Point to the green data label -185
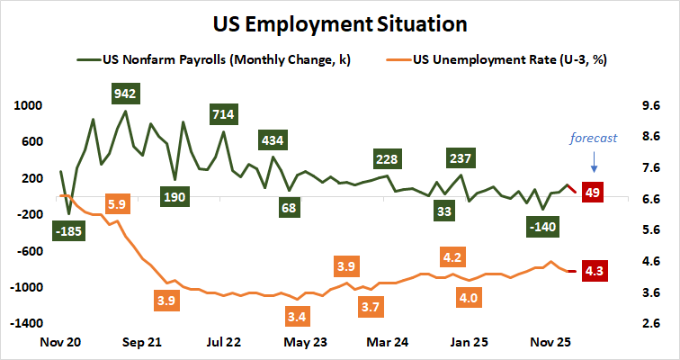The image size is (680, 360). tap(68, 232)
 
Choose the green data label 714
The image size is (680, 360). tap(224, 114)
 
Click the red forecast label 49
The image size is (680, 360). tap(593, 192)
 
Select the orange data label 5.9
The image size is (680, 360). tap(117, 204)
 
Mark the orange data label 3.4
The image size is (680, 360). tap(296, 316)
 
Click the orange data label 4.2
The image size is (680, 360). tap(452, 258)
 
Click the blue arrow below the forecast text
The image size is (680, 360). tap(593, 162)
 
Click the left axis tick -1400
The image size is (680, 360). tap(25, 322)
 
